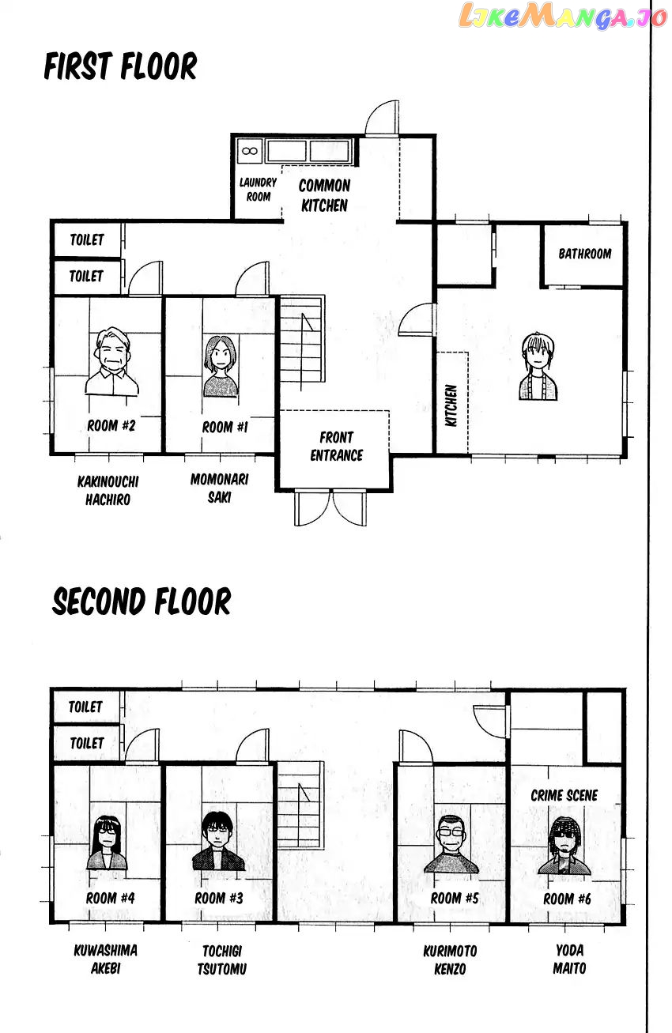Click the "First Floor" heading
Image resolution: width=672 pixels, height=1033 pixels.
(x=120, y=66)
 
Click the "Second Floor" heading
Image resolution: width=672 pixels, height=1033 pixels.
(x=142, y=601)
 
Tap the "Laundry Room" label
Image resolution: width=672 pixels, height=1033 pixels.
(x=258, y=190)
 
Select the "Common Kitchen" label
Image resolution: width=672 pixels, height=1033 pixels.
(x=324, y=195)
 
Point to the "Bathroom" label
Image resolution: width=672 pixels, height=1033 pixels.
(x=584, y=254)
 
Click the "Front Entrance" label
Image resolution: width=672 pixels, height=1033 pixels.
(x=336, y=447)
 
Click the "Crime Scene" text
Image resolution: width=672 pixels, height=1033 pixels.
(x=564, y=796)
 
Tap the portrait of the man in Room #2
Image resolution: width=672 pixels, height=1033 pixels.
(x=111, y=361)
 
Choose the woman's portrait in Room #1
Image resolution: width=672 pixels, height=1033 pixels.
(x=221, y=367)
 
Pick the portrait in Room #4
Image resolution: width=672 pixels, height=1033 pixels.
(x=107, y=843)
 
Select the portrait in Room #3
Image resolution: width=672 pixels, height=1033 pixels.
(x=217, y=841)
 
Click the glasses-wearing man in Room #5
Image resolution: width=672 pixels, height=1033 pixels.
(x=451, y=843)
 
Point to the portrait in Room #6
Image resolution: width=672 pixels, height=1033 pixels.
(x=564, y=845)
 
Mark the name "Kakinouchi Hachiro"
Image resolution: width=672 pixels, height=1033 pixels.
(x=108, y=491)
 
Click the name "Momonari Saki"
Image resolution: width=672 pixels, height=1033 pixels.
(x=220, y=488)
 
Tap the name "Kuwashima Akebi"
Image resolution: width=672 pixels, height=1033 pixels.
(x=106, y=959)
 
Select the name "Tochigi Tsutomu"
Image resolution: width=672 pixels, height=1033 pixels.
(x=222, y=959)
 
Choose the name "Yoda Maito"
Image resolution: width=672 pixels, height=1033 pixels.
(x=569, y=959)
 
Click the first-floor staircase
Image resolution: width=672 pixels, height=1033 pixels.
(x=302, y=339)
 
